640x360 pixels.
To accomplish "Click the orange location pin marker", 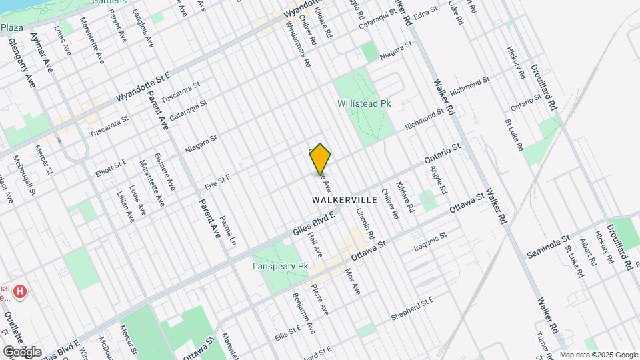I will pos(320,159).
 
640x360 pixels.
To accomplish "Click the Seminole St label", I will pos(549,246).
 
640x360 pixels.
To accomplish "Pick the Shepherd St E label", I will pos(413,307).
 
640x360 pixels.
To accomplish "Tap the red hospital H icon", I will pos(21,291).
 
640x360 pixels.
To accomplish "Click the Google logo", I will pos(22,351).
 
